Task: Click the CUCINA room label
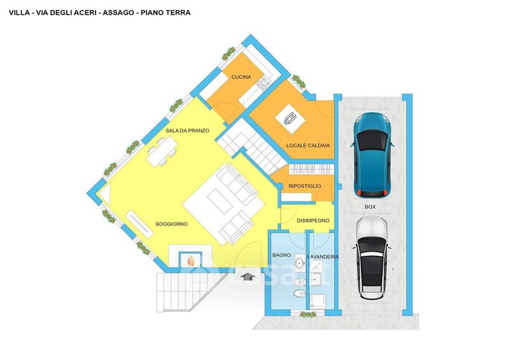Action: click(242, 77)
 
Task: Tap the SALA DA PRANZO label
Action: click(187, 131)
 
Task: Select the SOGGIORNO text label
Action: click(171, 224)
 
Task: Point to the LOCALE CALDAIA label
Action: click(308, 145)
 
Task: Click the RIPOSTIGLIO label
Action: click(305, 186)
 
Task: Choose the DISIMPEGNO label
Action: click(313, 220)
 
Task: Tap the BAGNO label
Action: click(282, 256)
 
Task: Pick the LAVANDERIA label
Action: click(323, 257)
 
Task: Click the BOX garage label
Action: click(370, 207)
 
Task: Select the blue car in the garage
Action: click(372, 155)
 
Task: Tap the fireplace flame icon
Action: click(191, 261)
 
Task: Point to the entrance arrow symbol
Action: click(247, 277)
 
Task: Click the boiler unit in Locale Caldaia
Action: click(290, 119)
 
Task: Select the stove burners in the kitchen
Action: click(263, 84)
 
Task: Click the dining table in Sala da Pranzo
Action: click(162, 152)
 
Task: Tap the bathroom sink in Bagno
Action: click(300, 261)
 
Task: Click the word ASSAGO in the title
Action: click(119, 13)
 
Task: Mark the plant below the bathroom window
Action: click(308, 315)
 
